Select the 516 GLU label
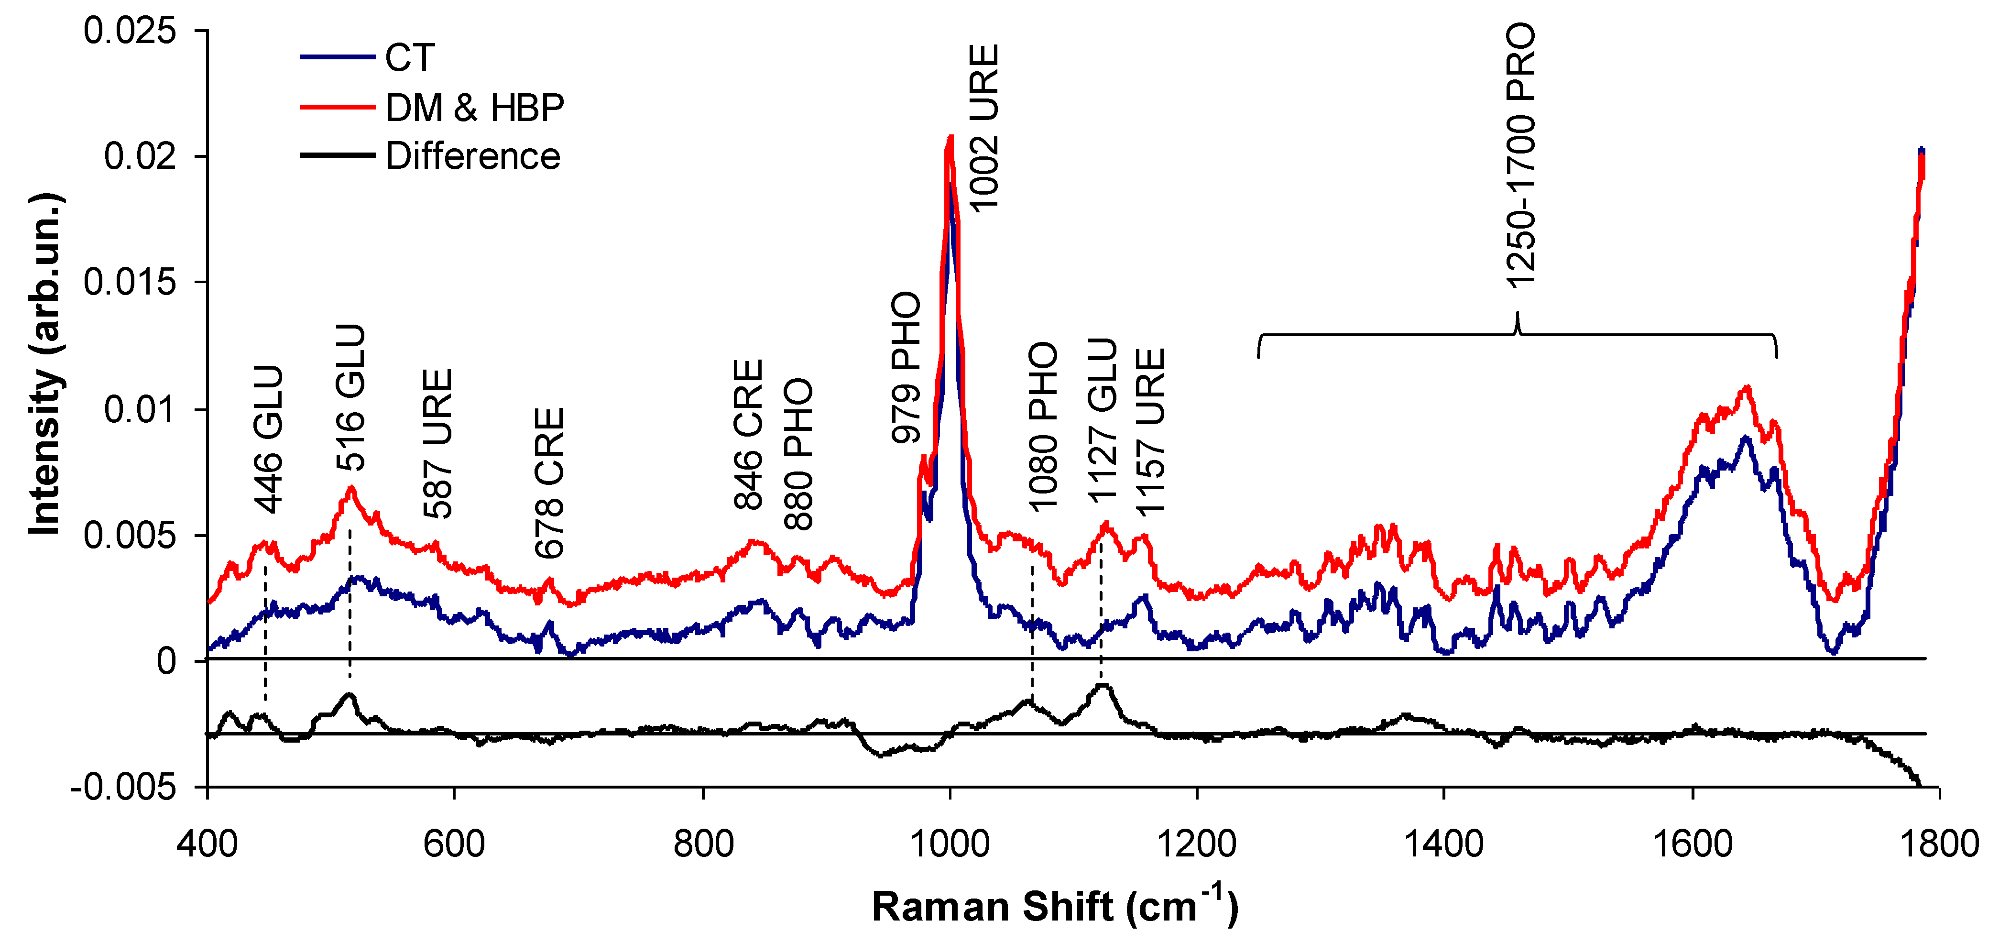(350, 397)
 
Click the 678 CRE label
(549, 483)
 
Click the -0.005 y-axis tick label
(124, 788)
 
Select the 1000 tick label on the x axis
(949, 843)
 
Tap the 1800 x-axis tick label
(1938, 843)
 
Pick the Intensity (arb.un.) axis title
(44, 365)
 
